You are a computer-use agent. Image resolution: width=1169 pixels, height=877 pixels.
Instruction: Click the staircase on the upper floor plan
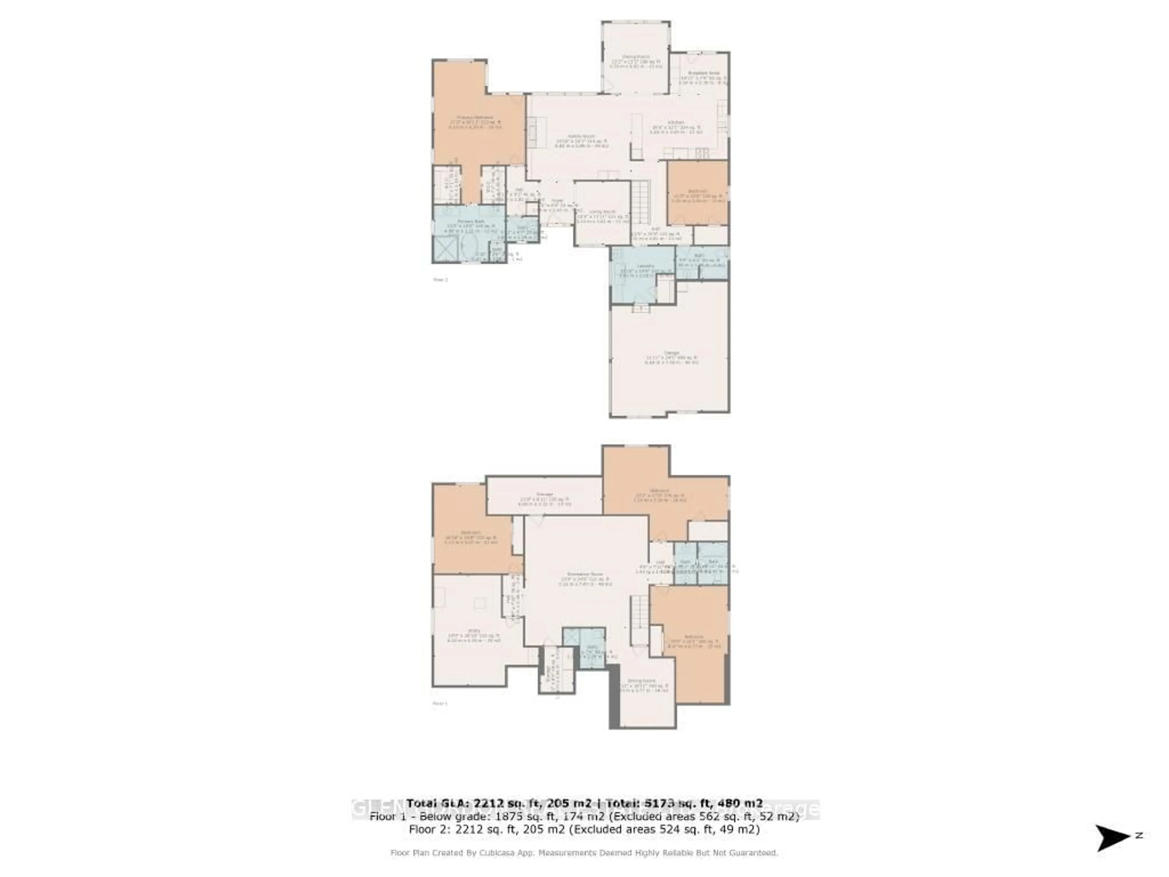(x=641, y=203)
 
